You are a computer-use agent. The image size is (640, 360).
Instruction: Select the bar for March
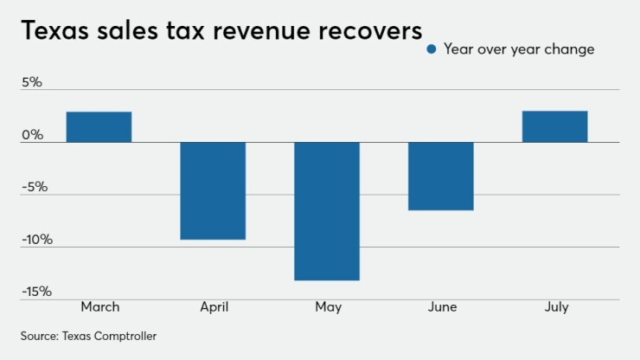tap(99, 127)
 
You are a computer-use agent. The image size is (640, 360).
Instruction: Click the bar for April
tap(213, 190)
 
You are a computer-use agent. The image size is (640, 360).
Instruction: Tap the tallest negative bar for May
tap(327, 211)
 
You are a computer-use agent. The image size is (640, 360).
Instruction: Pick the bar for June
tap(440, 176)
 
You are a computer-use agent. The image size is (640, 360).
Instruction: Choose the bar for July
tap(554, 126)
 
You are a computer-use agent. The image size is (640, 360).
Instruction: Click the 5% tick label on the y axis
tap(32, 83)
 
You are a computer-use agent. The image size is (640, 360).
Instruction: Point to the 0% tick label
tap(32, 135)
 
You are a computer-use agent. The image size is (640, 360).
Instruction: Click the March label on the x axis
tap(99, 307)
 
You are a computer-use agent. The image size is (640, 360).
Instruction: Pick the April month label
tap(213, 307)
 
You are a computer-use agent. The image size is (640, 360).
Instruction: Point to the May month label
tap(328, 307)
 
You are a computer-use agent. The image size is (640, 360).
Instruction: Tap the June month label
tap(441, 307)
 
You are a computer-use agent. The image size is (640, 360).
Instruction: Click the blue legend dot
tap(432, 49)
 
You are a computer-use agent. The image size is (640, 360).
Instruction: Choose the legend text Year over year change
tap(519, 49)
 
